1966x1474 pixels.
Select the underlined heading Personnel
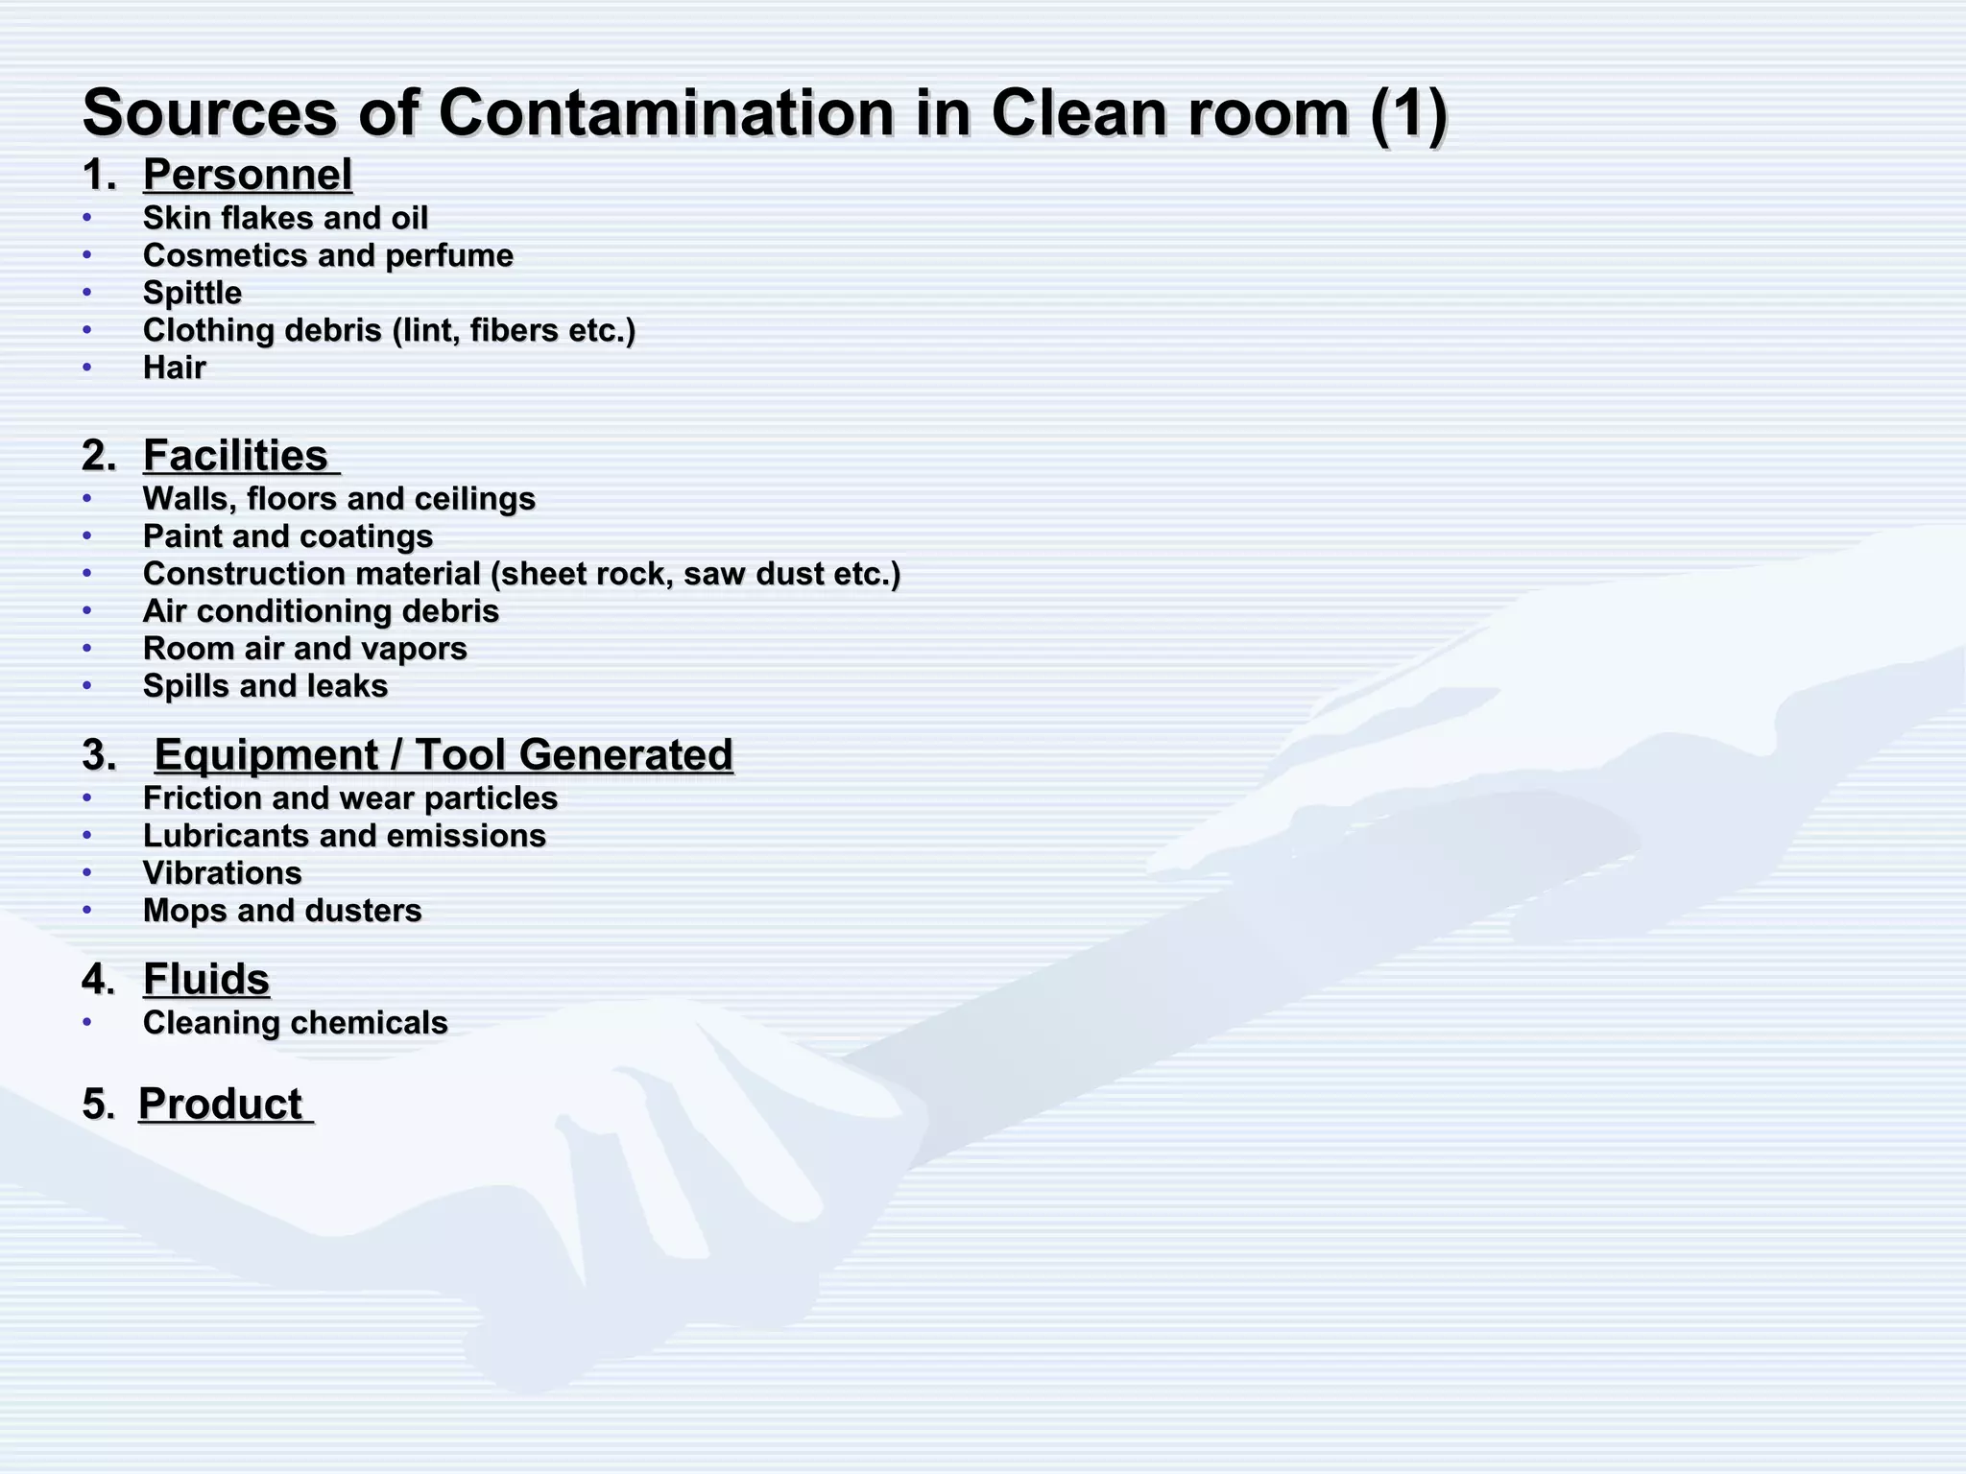pos(248,175)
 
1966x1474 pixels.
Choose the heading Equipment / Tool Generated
pos(444,754)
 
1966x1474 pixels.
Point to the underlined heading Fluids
pos(206,979)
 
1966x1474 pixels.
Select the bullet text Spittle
pos(192,293)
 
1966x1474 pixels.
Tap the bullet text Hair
pos(175,368)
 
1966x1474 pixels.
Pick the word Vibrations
pos(223,873)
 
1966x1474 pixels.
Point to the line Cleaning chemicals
pos(295,1023)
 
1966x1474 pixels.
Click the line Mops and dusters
pos(282,911)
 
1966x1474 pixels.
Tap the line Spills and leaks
pos(265,686)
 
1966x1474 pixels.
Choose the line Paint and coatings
pos(288,536)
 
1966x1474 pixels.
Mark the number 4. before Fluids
pos(99,980)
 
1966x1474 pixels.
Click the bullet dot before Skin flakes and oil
pos(87,217)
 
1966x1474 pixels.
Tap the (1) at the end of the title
pos(1408,113)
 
